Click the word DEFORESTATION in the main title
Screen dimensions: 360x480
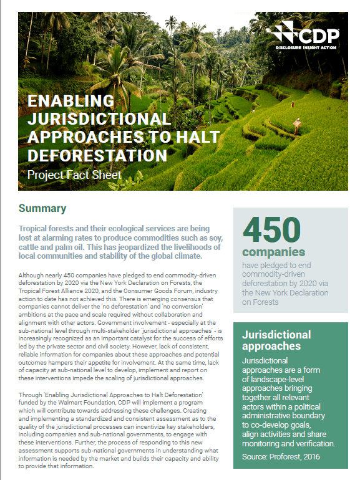pyautogui.click(x=97, y=155)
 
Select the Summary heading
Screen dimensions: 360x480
pyautogui.click(x=42, y=208)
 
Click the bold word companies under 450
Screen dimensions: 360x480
pyautogui.click(x=265, y=252)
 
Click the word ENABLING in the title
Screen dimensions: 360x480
pyautogui.click(x=71, y=101)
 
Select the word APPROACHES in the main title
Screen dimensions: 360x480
pyautogui.click(x=77, y=137)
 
